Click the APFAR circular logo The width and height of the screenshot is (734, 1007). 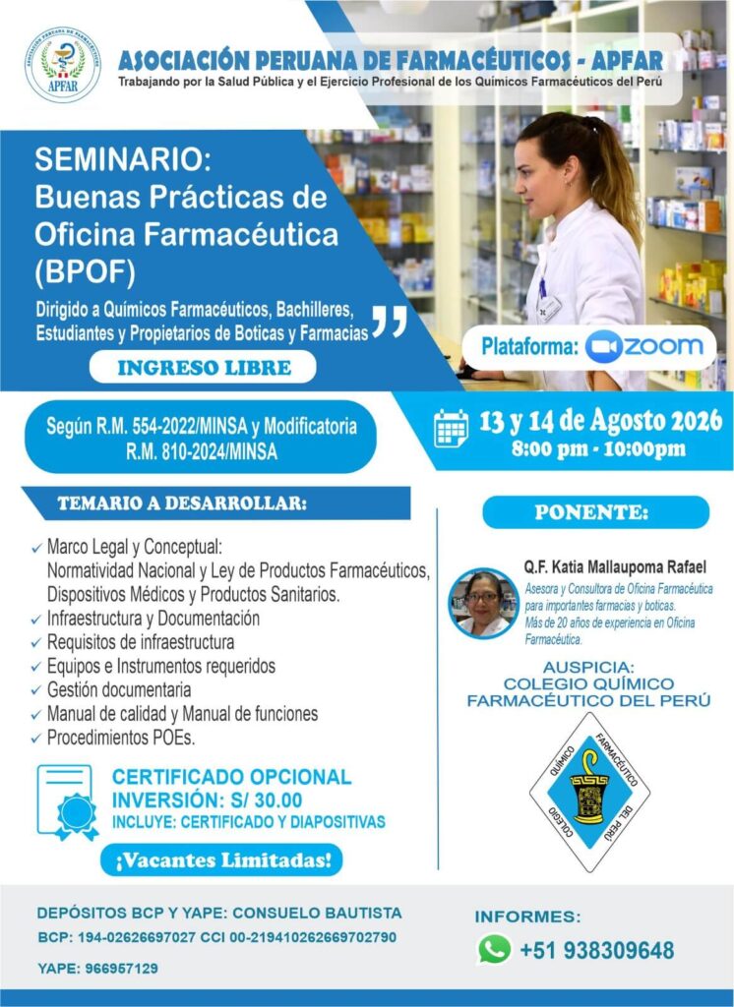pyautogui.click(x=63, y=65)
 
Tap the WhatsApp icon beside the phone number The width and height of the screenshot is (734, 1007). pyautogui.click(x=494, y=949)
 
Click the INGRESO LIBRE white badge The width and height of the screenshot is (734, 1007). pyautogui.click(x=203, y=368)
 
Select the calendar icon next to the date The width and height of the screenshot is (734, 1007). pyautogui.click(x=452, y=429)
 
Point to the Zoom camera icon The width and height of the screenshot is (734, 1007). pyautogui.click(x=603, y=347)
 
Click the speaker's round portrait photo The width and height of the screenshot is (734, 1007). pyautogui.click(x=483, y=604)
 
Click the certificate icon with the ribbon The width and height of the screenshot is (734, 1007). pyautogui.click(x=68, y=802)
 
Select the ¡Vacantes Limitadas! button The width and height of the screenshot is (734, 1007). pyautogui.click(x=221, y=859)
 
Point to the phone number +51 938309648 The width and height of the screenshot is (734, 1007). pyautogui.click(x=596, y=950)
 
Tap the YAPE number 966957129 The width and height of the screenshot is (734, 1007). pyautogui.click(x=121, y=968)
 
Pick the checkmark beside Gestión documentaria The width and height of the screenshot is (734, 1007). pyautogui.click(x=36, y=691)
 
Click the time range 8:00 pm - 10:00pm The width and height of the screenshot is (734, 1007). pyautogui.click(x=598, y=448)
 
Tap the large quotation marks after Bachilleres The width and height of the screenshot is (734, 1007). pyautogui.click(x=390, y=322)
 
